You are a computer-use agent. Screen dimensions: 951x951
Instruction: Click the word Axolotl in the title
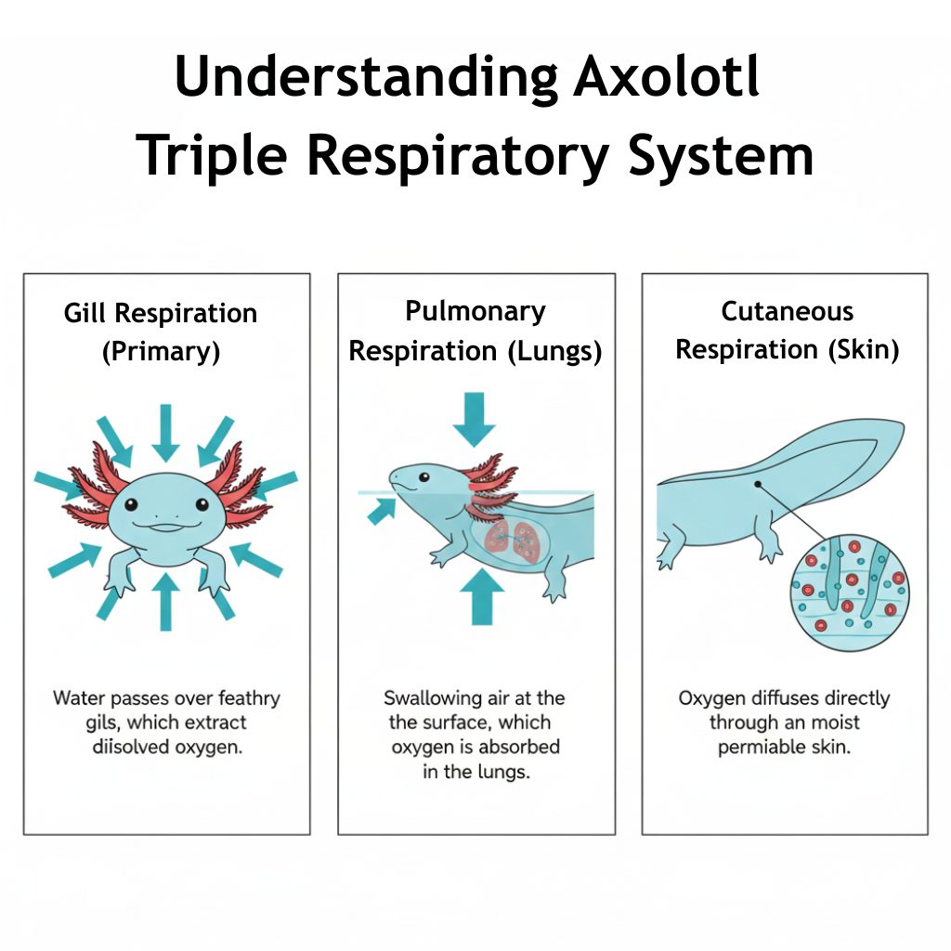coord(667,78)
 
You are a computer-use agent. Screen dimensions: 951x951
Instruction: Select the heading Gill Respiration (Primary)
coord(161,332)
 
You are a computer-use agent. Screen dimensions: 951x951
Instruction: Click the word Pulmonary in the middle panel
coord(475,311)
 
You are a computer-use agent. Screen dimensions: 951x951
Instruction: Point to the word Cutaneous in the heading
coord(787,311)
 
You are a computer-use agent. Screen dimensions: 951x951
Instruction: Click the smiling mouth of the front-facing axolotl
coord(165,527)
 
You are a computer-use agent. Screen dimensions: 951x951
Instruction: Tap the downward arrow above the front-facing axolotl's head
coord(165,433)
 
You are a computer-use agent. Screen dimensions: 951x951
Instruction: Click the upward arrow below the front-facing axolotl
coord(165,602)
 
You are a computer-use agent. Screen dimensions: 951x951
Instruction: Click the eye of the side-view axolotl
coord(424,478)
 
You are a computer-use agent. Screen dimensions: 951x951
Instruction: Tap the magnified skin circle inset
coord(849,591)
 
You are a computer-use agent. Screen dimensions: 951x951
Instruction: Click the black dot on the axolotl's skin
coord(759,484)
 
